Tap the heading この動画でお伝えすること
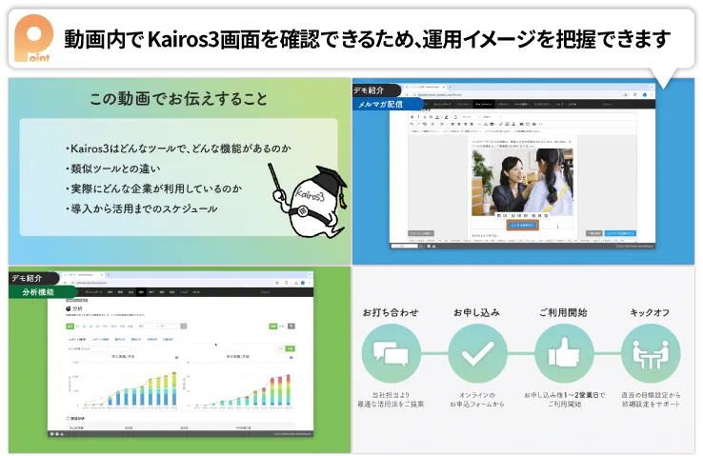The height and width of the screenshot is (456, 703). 178,99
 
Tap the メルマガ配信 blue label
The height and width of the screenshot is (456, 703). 379,104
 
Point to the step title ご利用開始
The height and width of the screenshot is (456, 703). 563,312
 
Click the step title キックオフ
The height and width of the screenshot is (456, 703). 650,312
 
